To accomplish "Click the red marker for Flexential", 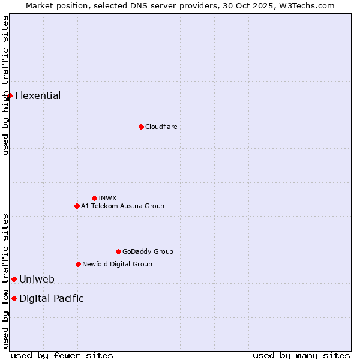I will point(10,95).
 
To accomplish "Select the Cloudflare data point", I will point(141,127).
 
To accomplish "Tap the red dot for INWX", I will point(94,198).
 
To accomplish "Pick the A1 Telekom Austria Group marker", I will point(77,206).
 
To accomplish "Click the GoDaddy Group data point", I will point(118,251).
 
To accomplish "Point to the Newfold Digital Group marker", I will point(78,264).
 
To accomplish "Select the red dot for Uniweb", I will point(14,279).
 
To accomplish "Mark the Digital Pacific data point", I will point(14,298).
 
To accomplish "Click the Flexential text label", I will point(38,95).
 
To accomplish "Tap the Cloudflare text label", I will point(161,127).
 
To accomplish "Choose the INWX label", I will point(107,198).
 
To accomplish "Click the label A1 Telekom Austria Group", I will point(122,206).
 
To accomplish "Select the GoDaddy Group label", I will point(148,251).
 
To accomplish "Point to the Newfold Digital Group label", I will point(117,264).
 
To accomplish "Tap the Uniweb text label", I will point(37,279).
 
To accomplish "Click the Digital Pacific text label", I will point(52,298).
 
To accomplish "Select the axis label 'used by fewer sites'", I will point(62,355).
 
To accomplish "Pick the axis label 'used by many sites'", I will point(301,355).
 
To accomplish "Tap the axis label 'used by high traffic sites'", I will point(5,85).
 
